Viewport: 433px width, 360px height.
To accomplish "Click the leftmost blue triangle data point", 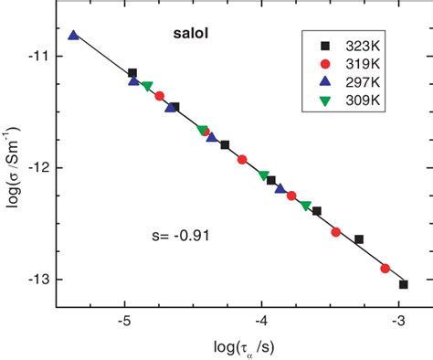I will tap(73, 36).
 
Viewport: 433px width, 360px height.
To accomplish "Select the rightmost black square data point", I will tap(403, 284).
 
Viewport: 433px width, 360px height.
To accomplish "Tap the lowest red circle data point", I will tap(385, 269).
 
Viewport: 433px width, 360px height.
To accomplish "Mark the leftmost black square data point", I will tap(132, 73).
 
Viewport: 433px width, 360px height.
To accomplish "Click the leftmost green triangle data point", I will tap(147, 86).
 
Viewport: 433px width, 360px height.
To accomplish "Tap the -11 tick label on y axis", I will tap(38, 57).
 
